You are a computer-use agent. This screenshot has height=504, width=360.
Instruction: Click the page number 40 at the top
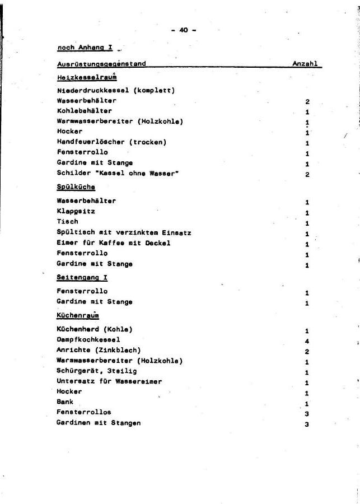(183, 30)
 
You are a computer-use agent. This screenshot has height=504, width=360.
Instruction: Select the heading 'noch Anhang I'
(85, 48)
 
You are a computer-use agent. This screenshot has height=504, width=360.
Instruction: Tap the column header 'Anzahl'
(305, 64)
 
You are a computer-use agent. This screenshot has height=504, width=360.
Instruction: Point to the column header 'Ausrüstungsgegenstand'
(101, 64)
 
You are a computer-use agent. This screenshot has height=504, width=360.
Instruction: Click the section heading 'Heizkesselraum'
(86, 77)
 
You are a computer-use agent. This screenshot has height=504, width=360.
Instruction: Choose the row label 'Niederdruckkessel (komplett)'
(116, 90)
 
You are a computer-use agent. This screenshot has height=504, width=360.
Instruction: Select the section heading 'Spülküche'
(76, 186)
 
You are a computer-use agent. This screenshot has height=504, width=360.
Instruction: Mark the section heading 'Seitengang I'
(82, 277)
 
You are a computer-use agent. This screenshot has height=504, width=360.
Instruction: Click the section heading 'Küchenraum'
(78, 316)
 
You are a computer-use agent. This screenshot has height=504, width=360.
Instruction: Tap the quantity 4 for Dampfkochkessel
(307, 341)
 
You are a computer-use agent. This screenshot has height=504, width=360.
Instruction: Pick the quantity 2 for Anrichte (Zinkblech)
(307, 351)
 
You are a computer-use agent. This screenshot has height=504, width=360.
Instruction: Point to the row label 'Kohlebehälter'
(84, 111)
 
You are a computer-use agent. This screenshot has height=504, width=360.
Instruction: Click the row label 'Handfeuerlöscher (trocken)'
(111, 142)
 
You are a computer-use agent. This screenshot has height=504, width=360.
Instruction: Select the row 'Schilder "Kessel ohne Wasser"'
(118, 173)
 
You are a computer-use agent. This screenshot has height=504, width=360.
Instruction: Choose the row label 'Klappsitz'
(76, 212)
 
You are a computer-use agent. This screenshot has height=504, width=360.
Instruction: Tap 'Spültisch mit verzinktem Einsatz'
(124, 232)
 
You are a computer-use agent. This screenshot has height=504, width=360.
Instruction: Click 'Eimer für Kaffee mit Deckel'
(113, 243)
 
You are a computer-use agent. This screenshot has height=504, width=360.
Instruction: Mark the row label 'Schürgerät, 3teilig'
(96, 371)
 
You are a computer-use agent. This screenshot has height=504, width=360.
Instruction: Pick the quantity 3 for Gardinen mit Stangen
(307, 424)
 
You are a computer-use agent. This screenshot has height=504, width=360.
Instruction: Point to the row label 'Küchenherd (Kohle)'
(94, 329)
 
